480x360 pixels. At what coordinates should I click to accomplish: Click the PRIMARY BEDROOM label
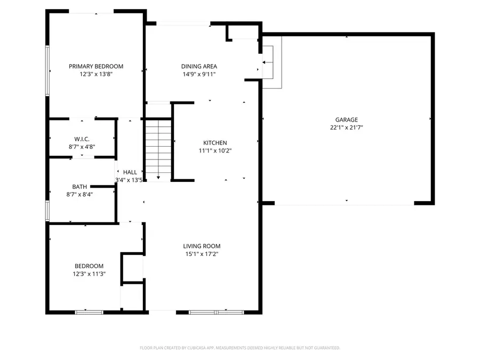(96, 67)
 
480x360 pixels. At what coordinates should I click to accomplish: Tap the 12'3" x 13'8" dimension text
(96, 75)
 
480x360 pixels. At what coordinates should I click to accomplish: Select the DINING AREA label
(199, 67)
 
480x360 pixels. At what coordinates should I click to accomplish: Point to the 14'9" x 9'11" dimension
(199, 75)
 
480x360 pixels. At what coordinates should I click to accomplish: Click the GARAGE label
(347, 120)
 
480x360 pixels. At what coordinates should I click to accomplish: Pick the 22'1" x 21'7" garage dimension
(347, 127)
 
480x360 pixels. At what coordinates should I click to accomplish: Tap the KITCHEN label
(215, 143)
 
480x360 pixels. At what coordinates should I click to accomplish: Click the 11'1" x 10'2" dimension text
(215, 150)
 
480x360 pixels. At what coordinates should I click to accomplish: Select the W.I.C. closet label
(82, 139)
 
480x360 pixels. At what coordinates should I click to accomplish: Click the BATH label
(79, 187)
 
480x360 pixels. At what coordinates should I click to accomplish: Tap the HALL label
(130, 172)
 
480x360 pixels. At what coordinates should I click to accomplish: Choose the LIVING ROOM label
(202, 246)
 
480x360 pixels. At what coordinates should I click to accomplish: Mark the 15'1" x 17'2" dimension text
(202, 254)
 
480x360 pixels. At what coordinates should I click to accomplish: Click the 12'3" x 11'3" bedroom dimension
(89, 274)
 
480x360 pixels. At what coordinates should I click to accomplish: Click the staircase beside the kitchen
(158, 149)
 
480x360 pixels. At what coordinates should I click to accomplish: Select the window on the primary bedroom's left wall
(47, 71)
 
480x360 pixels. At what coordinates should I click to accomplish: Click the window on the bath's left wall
(47, 210)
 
